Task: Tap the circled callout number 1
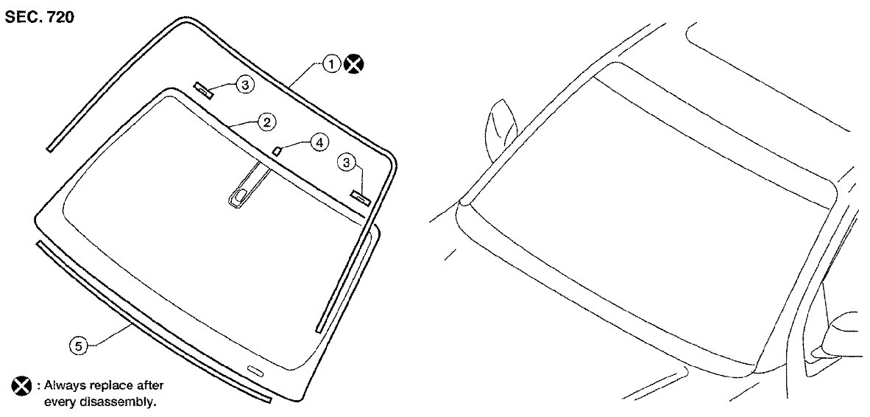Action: click(x=331, y=64)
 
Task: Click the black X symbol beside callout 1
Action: click(x=353, y=64)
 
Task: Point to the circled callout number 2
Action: click(x=267, y=122)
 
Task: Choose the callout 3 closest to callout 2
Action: click(x=244, y=84)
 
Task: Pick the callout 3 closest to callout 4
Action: click(x=347, y=162)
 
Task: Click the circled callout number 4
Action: click(x=319, y=143)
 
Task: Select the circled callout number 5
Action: click(x=78, y=346)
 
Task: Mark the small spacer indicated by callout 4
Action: click(x=278, y=149)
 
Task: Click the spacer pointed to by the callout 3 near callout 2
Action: click(x=203, y=89)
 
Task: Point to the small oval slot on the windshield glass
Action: click(x=256, y=369)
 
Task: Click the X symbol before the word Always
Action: click(x=21, y=385)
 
